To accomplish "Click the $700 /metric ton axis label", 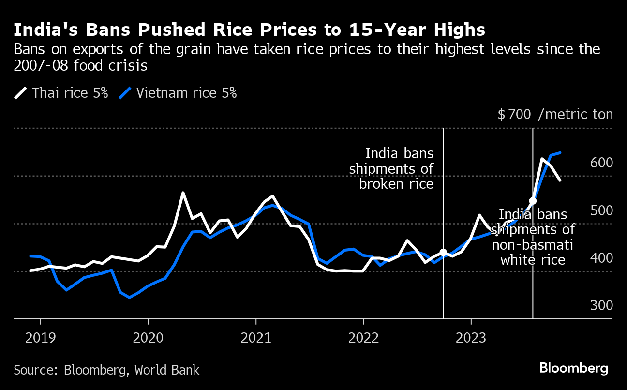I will [555, 115].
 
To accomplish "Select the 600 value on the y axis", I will [601, 163].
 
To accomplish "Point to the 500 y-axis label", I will [601, 210].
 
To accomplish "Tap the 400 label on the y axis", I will [601, 258].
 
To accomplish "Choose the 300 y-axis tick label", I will [601, 306].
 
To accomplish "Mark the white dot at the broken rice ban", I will [443, 253].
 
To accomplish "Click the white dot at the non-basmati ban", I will [533, 201].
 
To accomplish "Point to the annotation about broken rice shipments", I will [397, 169].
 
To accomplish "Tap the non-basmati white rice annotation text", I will [533, 237].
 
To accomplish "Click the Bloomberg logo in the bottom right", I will [574, 368].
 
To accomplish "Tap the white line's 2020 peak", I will [183, 193].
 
